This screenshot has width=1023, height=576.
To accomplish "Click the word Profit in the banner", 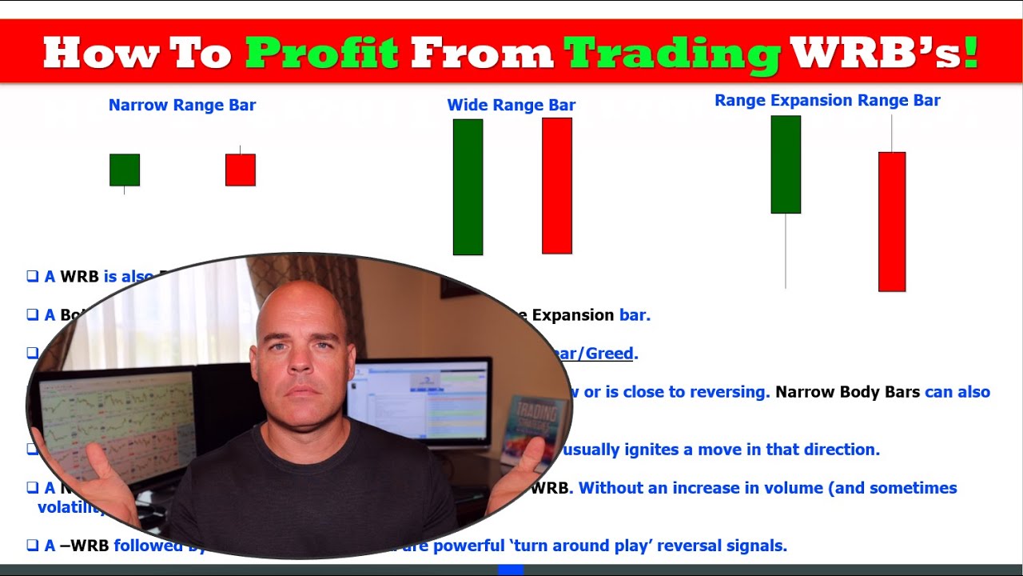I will (321, 53).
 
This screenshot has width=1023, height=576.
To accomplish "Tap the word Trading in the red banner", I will (671, 53).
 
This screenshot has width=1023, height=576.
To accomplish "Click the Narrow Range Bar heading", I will (182, 105).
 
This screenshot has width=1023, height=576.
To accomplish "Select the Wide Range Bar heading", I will (511, 105).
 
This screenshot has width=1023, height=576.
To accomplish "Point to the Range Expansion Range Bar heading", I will (827, 100).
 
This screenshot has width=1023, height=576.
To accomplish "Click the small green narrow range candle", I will (125, 170).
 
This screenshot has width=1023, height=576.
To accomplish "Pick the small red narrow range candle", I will (241, 170).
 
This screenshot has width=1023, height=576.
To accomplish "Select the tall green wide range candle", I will (468, 187).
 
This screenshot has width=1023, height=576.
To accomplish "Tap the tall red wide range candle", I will (557, 186).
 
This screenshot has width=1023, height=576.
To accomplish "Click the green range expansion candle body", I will (786, 164).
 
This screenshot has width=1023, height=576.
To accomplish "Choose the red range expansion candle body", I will (892, 222).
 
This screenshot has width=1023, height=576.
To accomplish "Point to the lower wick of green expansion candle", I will (786, 251).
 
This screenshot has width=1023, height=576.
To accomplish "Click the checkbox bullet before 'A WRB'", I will (33, 276).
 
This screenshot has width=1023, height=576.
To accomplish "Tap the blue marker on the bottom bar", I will (511, 570).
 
